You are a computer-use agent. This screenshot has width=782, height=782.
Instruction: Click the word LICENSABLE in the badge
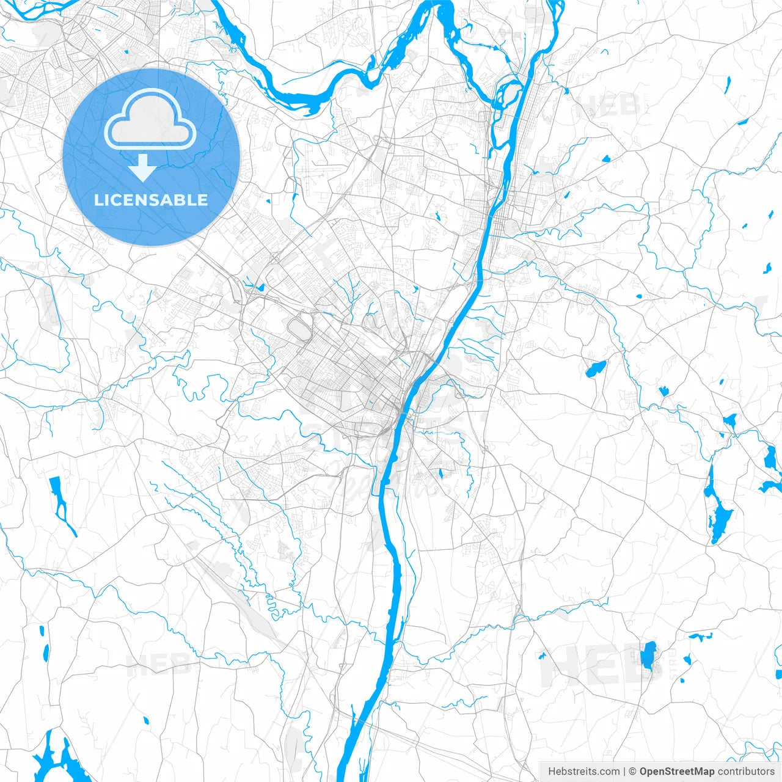pos(151,200)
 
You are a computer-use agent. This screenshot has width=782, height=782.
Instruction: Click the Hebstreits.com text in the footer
pos(583,772)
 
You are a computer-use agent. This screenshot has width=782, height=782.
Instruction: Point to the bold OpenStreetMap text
pos(676,772)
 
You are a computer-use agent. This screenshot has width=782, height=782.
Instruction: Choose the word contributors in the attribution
pos(746,772)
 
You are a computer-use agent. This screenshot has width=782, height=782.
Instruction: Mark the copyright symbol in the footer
pos(633,772)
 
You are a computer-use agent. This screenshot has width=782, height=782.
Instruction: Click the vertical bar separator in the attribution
pos(624,772)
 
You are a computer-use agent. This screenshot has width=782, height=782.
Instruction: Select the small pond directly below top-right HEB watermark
pos(605,159)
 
